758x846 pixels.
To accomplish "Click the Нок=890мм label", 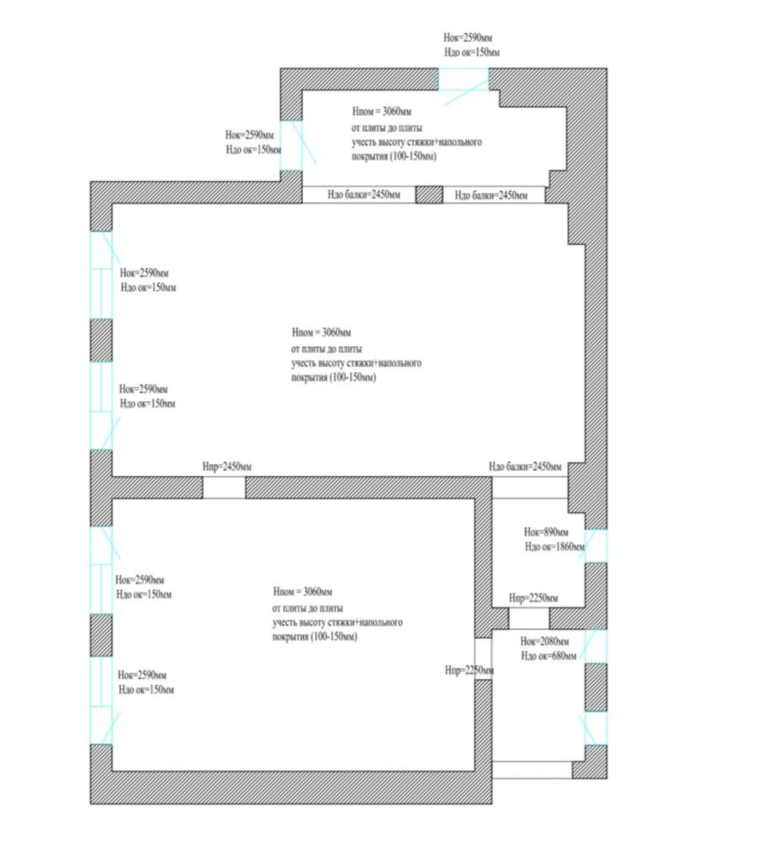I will point(546,532).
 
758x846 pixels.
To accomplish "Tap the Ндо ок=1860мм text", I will point(554,547).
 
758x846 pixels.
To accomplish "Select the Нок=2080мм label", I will point(545,642).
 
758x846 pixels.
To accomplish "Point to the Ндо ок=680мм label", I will point(549,656).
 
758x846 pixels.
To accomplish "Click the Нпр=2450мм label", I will point(227,467).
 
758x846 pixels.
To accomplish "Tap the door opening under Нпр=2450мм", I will point(224,488).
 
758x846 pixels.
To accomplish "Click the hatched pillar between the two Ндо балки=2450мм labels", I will point(429,195).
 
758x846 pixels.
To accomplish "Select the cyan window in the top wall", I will point(463,79).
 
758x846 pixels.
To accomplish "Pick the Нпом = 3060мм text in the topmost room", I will point(382,111).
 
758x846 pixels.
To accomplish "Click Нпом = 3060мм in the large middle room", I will point(321,333).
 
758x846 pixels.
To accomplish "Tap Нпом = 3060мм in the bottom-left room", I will point(302,591).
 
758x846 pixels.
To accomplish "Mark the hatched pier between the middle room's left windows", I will point(101,341).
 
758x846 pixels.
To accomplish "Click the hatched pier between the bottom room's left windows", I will point(101,635).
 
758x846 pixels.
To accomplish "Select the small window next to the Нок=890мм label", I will point(596,545).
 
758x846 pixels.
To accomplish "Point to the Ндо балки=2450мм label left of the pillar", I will point(364,195).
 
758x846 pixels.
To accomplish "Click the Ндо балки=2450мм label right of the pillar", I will point(491,195).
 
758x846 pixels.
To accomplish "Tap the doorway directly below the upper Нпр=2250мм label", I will point(528,618).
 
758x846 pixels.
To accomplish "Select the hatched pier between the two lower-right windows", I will point(596,687).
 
